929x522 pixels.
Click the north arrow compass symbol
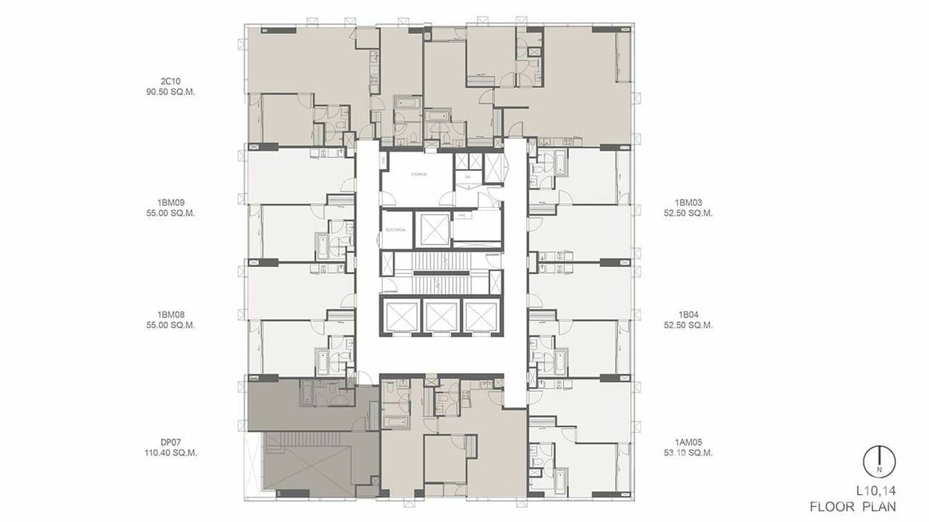[879, 462]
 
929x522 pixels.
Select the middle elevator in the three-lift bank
[441, 317]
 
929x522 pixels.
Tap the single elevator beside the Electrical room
[433, 229]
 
